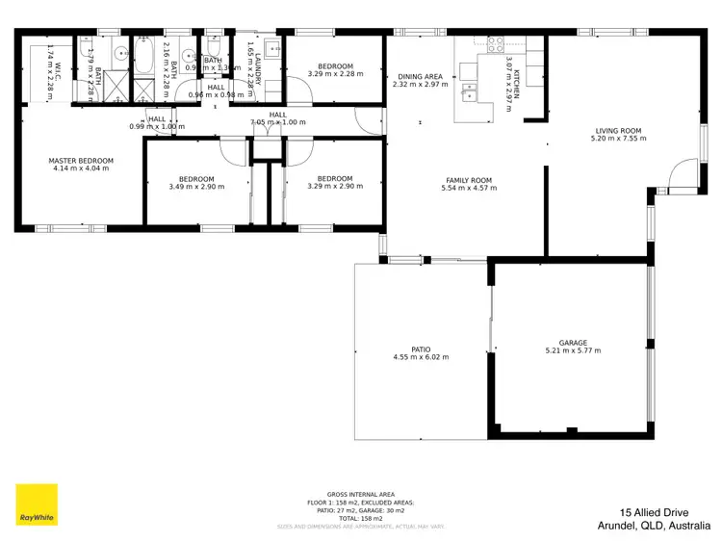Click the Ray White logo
point(37,504)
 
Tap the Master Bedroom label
point(82,160)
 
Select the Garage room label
point(573,342)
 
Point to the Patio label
point(421,348)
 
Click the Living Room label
point(617,130)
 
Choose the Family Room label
point(469,180)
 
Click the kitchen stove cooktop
point(496,42)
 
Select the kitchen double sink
point(470,93)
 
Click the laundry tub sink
point(273,48)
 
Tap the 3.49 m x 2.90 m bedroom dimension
point(196,187)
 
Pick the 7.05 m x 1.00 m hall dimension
point(277,123)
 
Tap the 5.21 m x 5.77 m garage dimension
point(573,350)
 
